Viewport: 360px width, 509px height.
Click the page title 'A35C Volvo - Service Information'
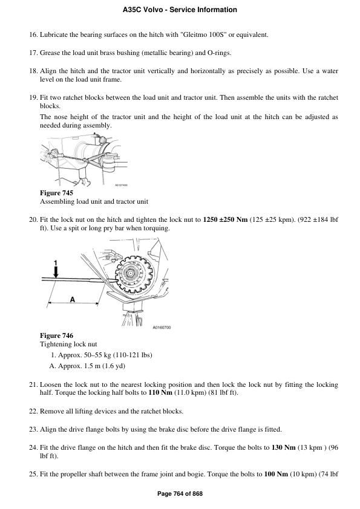[180, 10]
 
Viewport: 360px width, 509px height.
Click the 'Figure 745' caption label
[56, 193]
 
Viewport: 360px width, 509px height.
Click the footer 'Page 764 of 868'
[180, 494]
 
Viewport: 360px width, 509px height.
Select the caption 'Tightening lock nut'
[68, 344]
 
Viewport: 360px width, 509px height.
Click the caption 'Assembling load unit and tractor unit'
[94, 201]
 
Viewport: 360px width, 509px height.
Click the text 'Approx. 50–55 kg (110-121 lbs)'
[105, 355]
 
